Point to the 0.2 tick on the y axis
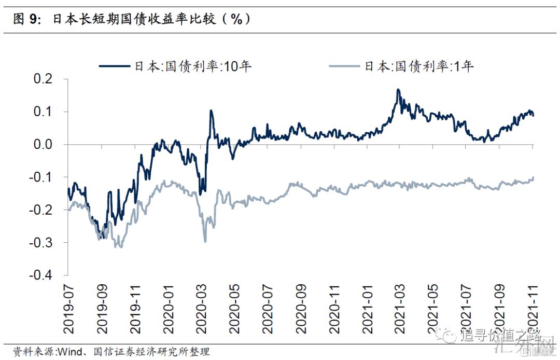pyautogui.click(x=43, y=79)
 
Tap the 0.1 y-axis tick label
pyautogui.click(x=43, y=112)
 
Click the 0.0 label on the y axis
pyautogui.click(x=43, y=145)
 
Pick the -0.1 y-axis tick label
pyautogui.click(x=40, y=177)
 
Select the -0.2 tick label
pyautogui.click(x=40, y=210)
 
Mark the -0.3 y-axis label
pyautogui.click(x=40, y=243)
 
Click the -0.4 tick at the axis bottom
pyautogui.click(x=40, y=275)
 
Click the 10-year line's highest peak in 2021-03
pyautogui.click(x=398, y=90)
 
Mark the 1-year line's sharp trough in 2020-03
pyautogui.click(x=205, y=241)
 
